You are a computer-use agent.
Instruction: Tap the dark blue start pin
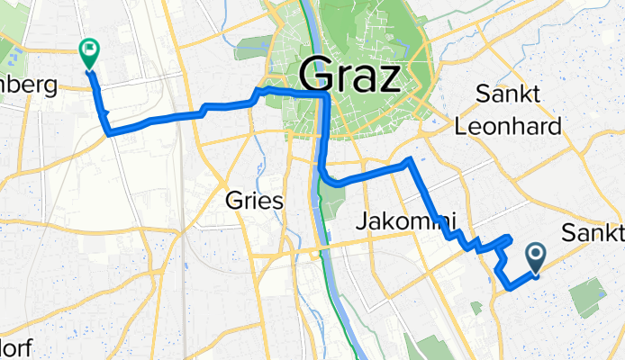click(x=536, y=258)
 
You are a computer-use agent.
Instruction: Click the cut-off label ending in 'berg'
click(x=27, y=87)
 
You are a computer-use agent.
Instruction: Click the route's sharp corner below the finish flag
click(x=109, y=134)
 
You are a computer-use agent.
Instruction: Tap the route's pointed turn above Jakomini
click(x=410, y=161)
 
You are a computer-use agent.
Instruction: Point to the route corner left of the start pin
click(x=509, y=288)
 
